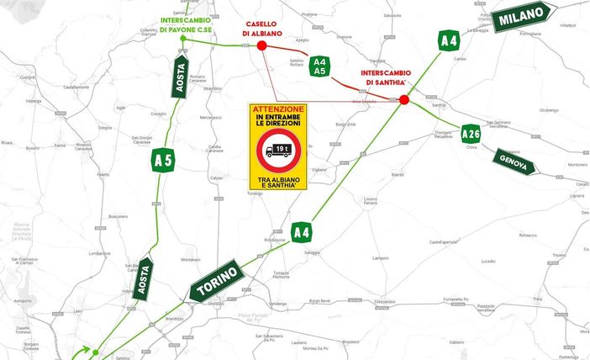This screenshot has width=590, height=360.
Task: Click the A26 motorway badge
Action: click(x=471, y=132)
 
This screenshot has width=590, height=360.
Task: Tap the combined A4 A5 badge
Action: click(x=319, y=66)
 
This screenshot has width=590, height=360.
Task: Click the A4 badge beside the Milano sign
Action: click(x=449, y=40)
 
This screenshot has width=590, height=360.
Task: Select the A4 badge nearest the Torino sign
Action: click(x=301, y=230)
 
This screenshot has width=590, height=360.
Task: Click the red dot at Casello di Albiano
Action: click(x=261, y=45)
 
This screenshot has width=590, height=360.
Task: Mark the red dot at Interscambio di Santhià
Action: click(x=404, y=99)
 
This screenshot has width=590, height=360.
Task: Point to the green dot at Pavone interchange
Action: click(x=182, y=39)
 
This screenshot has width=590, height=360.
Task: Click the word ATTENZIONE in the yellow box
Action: click(x=278, y=110)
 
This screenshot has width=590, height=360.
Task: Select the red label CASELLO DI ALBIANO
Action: click(x=261, y=29)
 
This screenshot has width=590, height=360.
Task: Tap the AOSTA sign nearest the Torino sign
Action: click(x=144, y=279)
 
